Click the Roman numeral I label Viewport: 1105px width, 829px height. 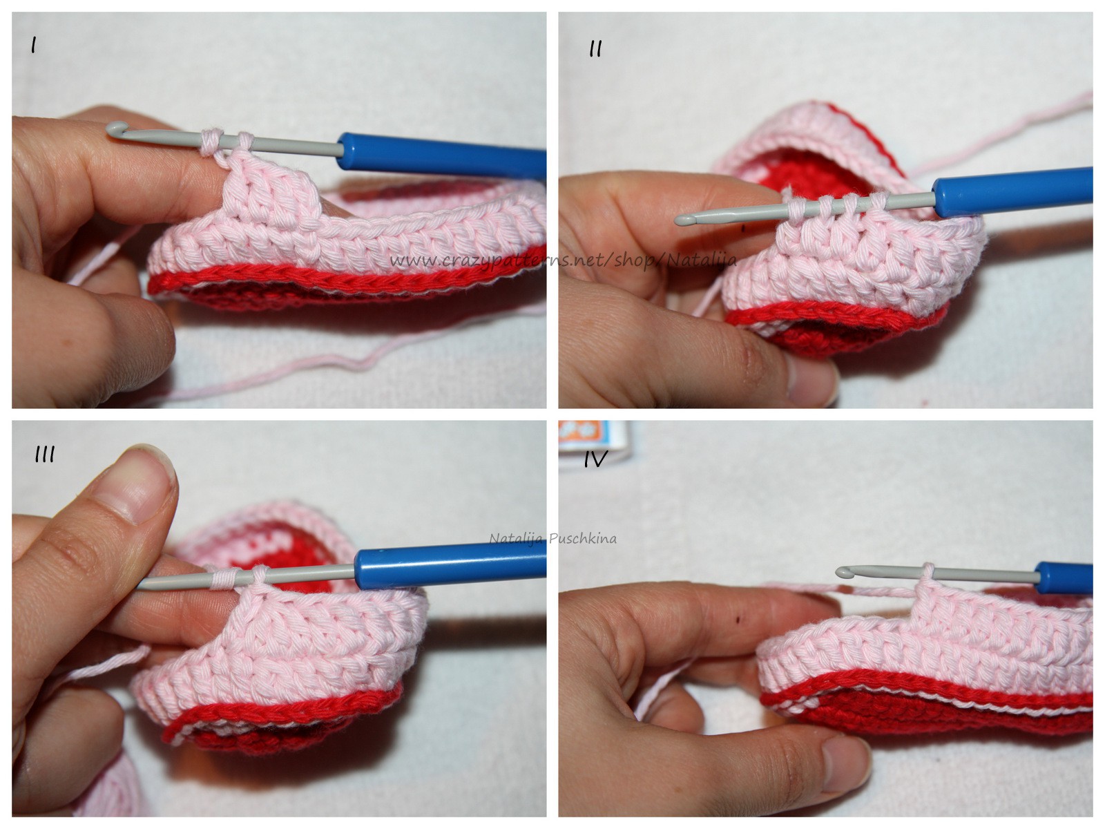pyautogui.click(x=33, y=46)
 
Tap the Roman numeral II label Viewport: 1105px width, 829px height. pyautogui.click(x=596, y=49)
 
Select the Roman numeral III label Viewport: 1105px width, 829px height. pyautogui.click(x=45, y=455)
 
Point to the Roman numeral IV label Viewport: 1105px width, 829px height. pyautogui.click(x=596, y=459)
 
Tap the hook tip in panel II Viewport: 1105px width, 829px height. pyautogui.click(x=684, y=220)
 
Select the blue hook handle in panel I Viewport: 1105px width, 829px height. pyautogui.click(x=442, y=155)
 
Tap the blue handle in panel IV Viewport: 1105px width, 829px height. pyautogui.click(x=1064, y=578)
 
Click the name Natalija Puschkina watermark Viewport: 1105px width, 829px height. pyautogui.click(x=552, y=539)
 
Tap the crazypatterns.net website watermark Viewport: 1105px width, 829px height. pyautogui.click(x=563, y=260)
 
